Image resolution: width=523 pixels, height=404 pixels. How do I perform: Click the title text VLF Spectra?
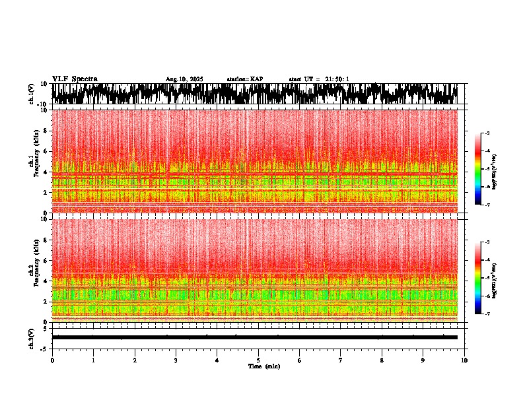point(75,79)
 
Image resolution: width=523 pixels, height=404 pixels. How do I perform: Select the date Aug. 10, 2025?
point(184,79)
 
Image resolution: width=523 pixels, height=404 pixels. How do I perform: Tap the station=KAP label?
point(245,79)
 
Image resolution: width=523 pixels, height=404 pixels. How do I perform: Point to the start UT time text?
point(319,79)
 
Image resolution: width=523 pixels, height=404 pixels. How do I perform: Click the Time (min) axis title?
point(263,366)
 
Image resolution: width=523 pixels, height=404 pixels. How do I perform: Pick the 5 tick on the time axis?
point(258,360)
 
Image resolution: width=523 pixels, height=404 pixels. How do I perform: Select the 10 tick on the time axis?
point(464,360)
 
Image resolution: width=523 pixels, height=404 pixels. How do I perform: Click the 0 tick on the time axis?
point(52,360)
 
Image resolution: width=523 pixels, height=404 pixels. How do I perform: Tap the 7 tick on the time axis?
point(341,360)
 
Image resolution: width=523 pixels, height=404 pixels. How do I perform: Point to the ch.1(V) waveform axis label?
point(31,94)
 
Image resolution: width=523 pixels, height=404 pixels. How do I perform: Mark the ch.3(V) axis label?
point(31,338)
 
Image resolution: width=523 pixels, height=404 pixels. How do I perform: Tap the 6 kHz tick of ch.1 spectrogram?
point(47,151)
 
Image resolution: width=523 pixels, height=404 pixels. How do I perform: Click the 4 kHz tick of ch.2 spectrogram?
point(47,281)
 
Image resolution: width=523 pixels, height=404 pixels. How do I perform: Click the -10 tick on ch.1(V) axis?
point(43,104)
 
